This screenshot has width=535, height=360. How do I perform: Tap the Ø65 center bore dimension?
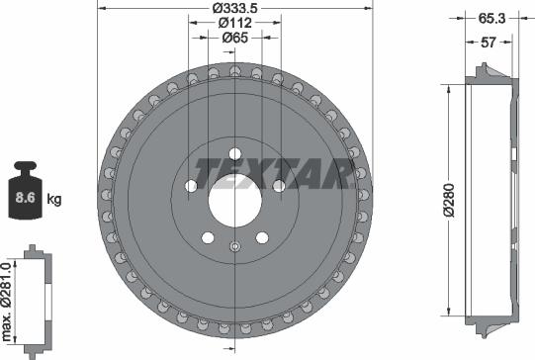[x=234, y=39]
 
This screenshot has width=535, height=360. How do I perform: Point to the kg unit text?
[x=54, y=199]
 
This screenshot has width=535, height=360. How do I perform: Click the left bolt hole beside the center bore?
[x=190, y=185]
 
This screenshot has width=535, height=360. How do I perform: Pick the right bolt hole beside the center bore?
[x=279, y=185]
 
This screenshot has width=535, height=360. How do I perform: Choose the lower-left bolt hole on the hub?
[x=207, y=237]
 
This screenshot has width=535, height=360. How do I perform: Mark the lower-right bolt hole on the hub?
[x=262, y=237]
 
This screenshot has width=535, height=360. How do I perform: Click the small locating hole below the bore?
[x=234, y=247]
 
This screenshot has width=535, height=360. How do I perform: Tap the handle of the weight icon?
[x=27, y=165]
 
